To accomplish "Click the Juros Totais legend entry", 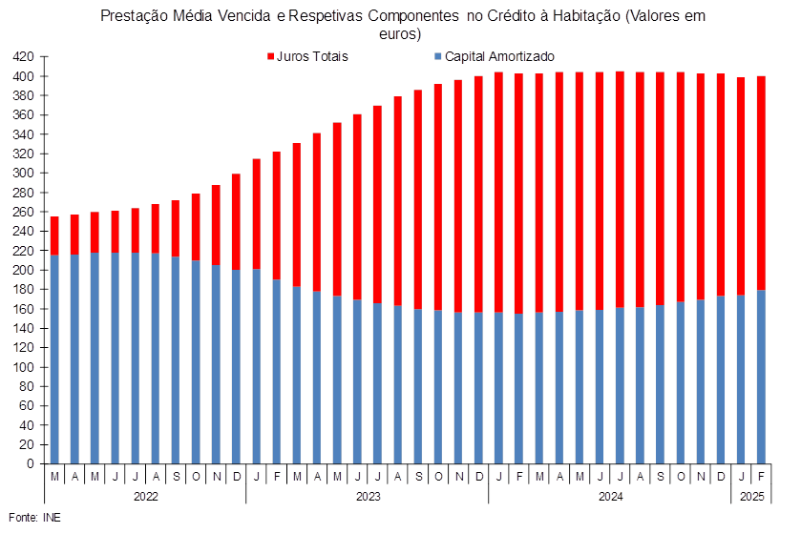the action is (307, 56).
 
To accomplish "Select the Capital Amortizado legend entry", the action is (494, 56).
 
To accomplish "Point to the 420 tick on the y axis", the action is (24, 56).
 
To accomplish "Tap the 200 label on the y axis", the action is (24, 271).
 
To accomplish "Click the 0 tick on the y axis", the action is (31, 464).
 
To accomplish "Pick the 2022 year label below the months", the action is (145, 496).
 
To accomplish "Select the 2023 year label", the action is (368, 496).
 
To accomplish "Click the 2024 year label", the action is (610, 496).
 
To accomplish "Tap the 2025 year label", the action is (752, 496).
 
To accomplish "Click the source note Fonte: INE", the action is (34, 518).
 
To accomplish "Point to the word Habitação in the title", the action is (587, 16).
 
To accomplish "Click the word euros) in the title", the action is (400, 34).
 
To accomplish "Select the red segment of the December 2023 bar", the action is (478, 195).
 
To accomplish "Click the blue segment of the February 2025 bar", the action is (761, 377).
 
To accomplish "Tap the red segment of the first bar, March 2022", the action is (54, 236).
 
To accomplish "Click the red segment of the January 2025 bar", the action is (741, 186).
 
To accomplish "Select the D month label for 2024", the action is (721, 477).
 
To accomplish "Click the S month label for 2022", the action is (177, 477).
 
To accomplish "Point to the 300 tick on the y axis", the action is (24, 174).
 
